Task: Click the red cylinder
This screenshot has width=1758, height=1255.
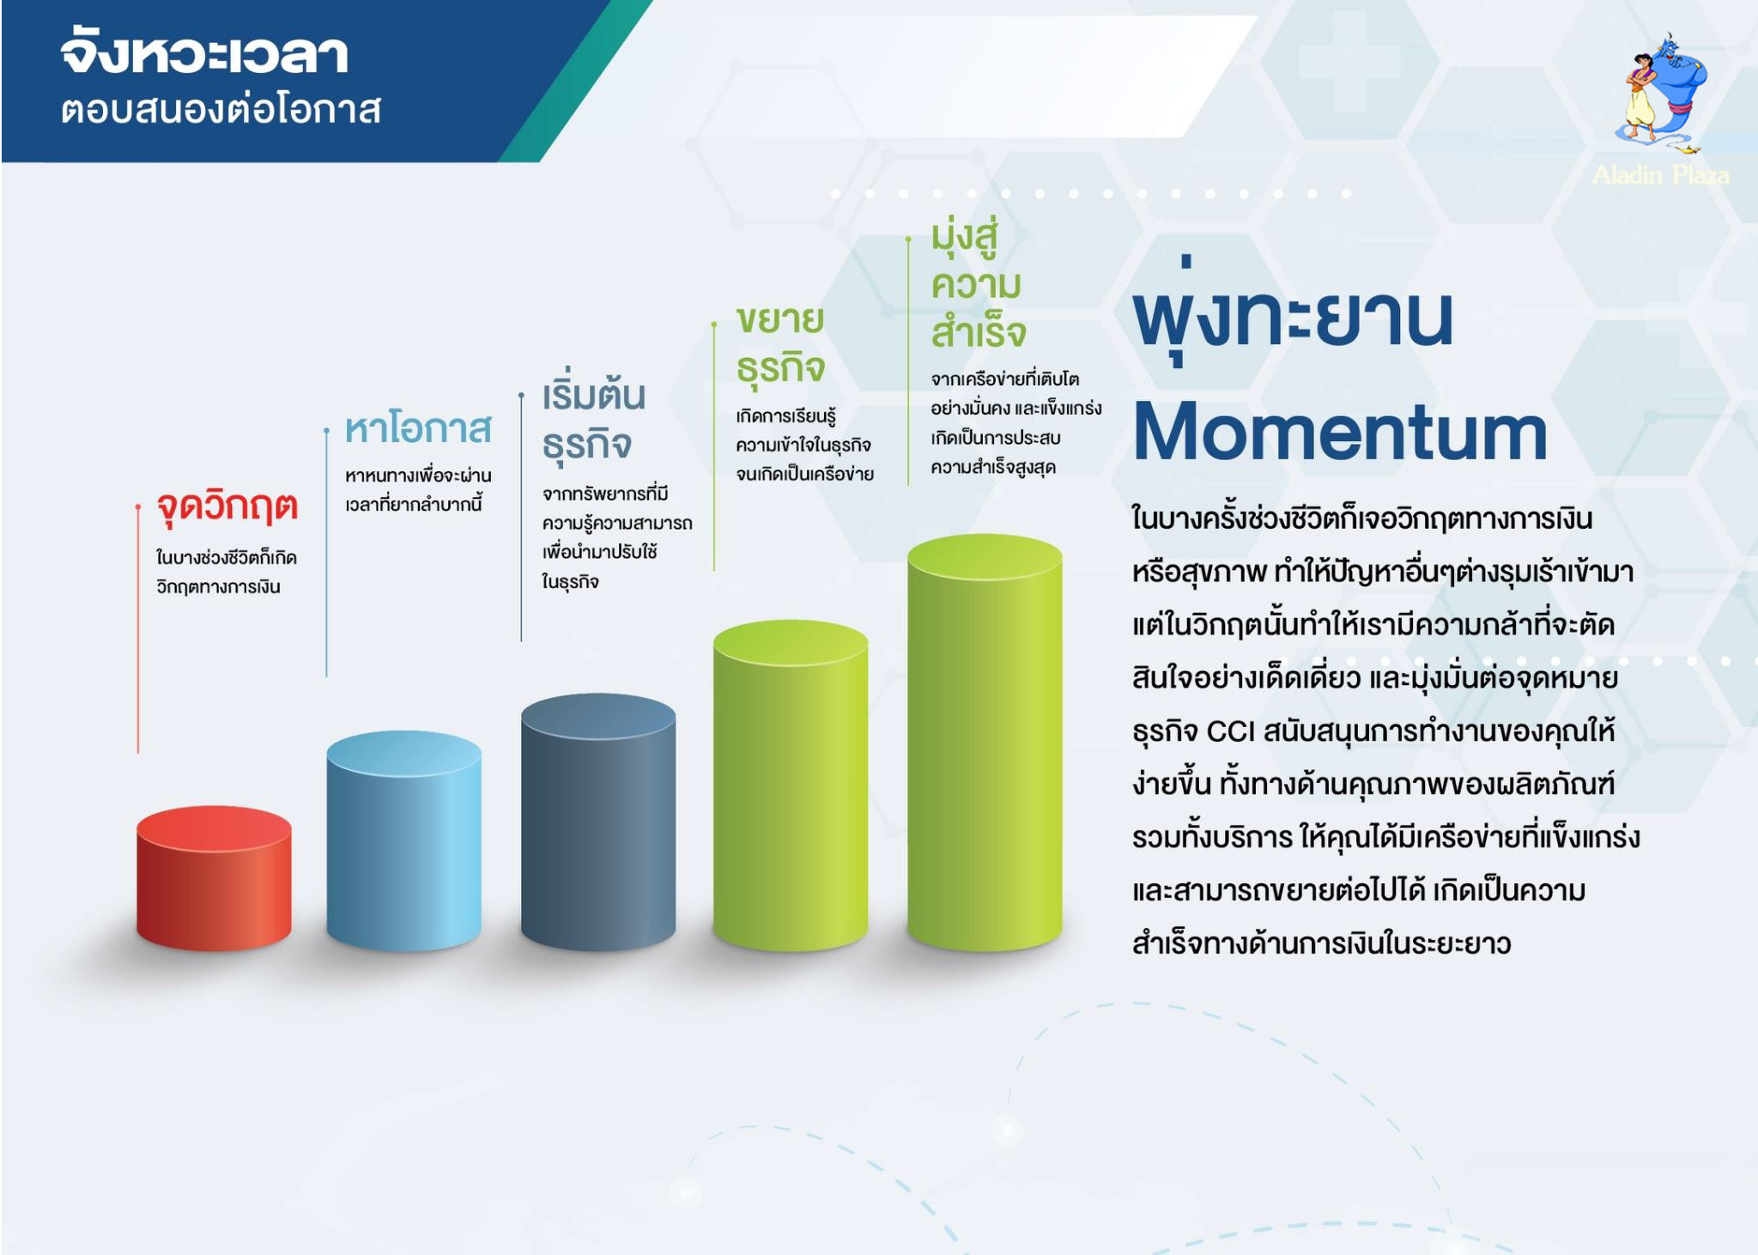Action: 214,877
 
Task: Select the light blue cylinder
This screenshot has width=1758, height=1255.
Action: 403,840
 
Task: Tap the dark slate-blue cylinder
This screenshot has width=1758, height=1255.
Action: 598,822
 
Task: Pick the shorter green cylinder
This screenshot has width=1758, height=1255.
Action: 791,785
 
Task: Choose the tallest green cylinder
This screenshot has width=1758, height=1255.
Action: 985,743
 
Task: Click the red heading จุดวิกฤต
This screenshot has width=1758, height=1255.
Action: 227,507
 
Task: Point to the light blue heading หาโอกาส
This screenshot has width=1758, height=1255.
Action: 418,427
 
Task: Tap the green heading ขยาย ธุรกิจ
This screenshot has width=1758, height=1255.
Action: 780,344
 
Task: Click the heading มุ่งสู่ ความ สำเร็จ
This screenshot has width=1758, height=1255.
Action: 979,286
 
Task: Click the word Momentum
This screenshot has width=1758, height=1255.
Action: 1340,432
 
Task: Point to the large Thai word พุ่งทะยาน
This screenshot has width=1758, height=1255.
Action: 1294,313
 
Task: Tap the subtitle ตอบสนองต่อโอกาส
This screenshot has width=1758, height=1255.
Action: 221,110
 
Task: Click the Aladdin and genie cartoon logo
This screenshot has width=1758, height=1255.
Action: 1661,94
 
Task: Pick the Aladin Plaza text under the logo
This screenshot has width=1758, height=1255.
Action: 1661,175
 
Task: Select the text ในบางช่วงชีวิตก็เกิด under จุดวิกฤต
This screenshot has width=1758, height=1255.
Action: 227,557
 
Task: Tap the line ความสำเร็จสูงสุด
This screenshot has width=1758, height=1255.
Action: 993,467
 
